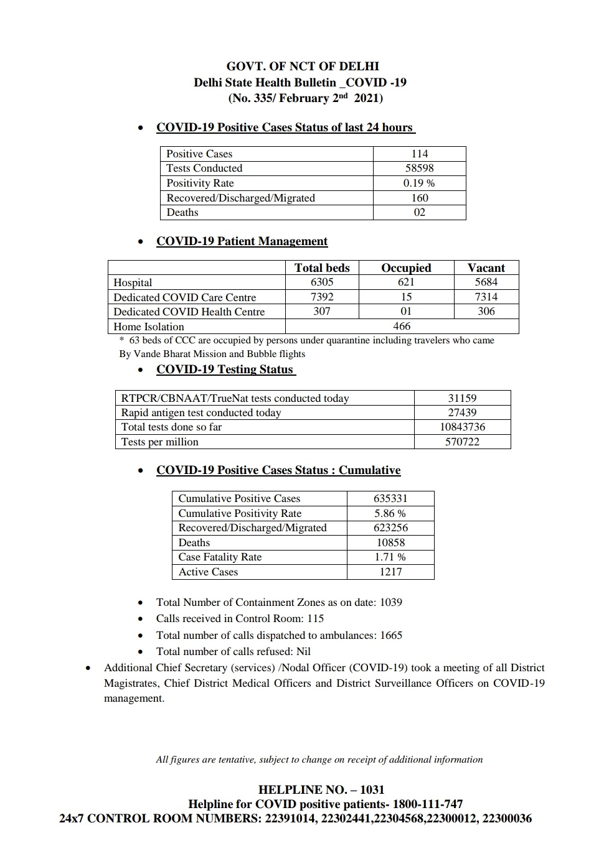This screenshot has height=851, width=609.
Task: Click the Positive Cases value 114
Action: pos(419,154)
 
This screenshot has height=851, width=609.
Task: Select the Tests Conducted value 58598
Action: pos(419,168)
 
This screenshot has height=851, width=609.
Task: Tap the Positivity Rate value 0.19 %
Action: pos(419,183)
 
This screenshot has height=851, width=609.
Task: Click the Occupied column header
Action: pos(406,268)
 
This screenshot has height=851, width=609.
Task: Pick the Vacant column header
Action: pos(486,268)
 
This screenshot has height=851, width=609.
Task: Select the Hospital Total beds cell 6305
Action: pos(322,282)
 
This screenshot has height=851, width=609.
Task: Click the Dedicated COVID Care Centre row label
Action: pos(184,297)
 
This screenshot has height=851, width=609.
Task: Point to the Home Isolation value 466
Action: pos(402,326)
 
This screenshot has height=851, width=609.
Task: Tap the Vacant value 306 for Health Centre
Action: pos(486,311)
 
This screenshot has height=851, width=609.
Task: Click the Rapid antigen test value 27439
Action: pos(462,412)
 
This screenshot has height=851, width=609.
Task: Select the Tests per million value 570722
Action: pos(462,442)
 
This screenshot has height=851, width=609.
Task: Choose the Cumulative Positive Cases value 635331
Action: pos(390,498)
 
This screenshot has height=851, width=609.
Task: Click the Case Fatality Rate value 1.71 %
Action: pos(390,557)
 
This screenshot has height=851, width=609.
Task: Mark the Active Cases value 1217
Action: pos(390,572)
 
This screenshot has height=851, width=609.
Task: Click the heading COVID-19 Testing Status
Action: pos(225,370)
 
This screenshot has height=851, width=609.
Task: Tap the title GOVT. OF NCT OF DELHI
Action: pos(303,67)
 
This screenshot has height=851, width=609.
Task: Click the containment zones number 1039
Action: pos(390,602)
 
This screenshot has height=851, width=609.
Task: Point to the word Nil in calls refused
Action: pos(303,651)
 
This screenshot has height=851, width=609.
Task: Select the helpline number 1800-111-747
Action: pos(423,804)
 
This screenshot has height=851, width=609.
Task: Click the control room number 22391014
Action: pos(290,819)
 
